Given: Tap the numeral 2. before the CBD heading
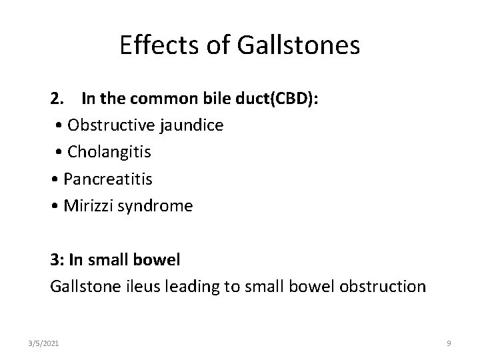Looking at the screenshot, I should [x=57, y=99].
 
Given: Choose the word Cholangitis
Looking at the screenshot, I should [x=109, y=152].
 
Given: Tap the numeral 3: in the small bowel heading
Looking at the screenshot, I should [x=57, y=260].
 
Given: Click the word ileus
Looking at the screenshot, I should [x=129, y=287].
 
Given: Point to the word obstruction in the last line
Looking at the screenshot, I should [x=383, y=287].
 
